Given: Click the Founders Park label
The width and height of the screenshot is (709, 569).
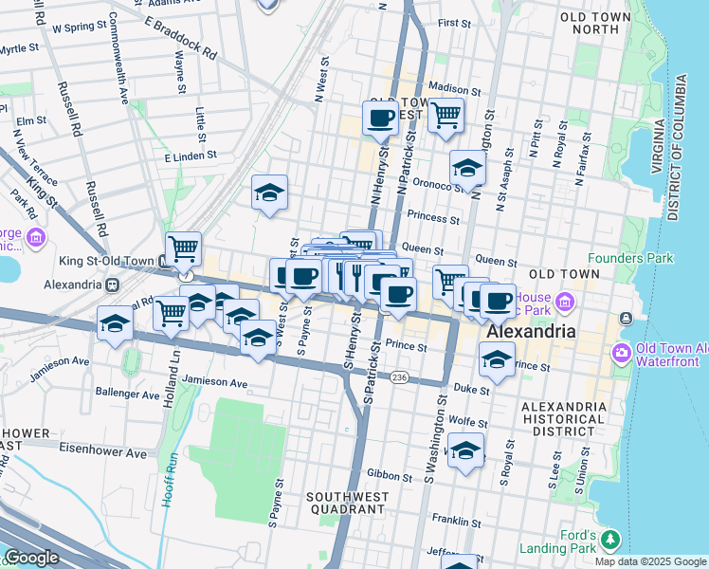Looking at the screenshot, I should coord(630,258).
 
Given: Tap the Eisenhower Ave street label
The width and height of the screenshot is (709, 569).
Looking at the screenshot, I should coord(103,453).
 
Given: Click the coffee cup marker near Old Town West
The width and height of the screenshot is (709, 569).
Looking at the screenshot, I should coord(380,119).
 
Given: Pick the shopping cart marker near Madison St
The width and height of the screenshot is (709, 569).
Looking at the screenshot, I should coord(445,117).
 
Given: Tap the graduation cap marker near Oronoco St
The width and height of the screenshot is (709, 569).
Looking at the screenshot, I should coord(467,169).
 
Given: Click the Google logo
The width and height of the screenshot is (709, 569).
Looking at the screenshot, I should coord(32,558).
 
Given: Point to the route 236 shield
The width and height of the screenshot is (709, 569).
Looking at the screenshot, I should coord(399,377).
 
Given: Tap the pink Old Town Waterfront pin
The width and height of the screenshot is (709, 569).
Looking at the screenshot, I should coord(622,353).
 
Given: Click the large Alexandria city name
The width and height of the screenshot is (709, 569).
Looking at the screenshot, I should coord(531,333).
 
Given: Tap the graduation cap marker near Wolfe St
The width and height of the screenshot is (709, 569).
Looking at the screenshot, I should coord(465,450).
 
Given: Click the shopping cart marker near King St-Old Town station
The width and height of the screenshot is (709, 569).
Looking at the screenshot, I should coord(183,249).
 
